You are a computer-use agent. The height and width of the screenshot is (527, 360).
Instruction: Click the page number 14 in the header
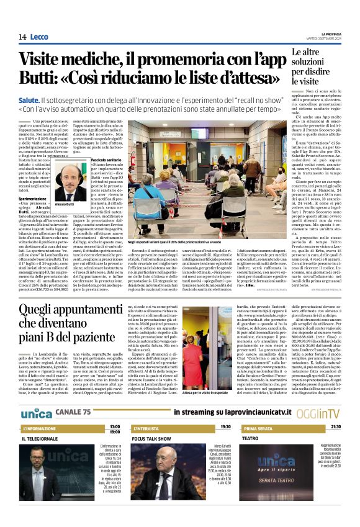point(22,37)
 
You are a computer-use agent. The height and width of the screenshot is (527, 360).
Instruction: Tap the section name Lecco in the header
point(40,37)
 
